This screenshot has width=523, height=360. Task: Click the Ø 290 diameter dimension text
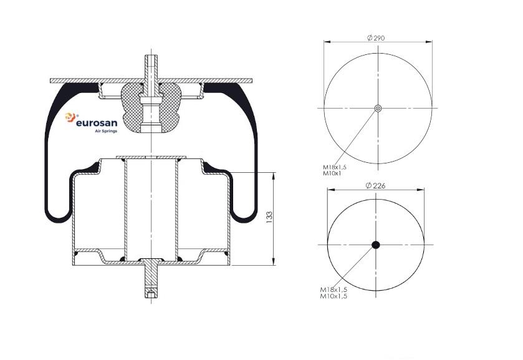[376, 37]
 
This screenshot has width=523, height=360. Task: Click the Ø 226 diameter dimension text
[375, 186]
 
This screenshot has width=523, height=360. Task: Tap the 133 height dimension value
[269, 217]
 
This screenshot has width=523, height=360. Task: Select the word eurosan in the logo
[97, 122]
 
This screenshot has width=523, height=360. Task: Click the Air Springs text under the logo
[106, 131]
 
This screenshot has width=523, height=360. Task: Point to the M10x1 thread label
[332, 173]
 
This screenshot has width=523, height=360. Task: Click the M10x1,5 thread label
[333, 296]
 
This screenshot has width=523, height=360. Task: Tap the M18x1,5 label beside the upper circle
[335, 167]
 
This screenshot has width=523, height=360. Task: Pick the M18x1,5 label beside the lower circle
[333, 289]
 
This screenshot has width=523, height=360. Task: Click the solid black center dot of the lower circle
[375, 245]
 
